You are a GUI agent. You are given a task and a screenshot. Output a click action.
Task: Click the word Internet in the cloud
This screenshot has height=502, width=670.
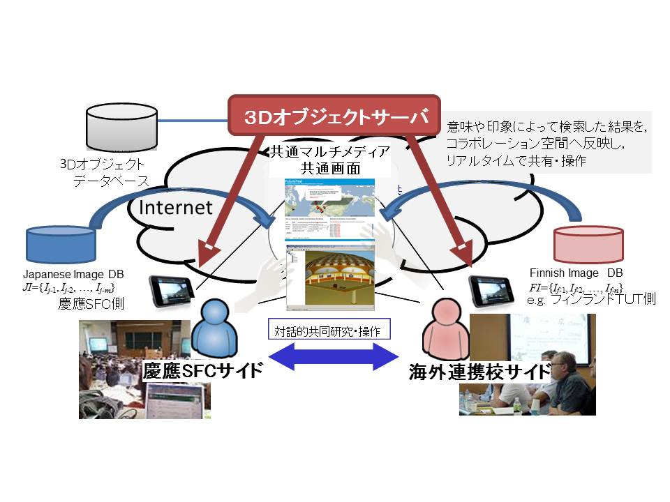(175, 207)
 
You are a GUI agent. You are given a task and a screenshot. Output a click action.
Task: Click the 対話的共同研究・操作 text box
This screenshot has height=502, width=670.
(329, 330)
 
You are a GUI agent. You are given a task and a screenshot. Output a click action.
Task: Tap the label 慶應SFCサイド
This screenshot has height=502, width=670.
(203, 370)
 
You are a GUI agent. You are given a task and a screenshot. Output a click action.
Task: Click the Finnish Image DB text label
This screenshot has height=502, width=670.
(576, 273)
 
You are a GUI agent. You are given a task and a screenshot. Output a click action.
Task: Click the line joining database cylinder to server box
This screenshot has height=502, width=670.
(193, 120)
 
